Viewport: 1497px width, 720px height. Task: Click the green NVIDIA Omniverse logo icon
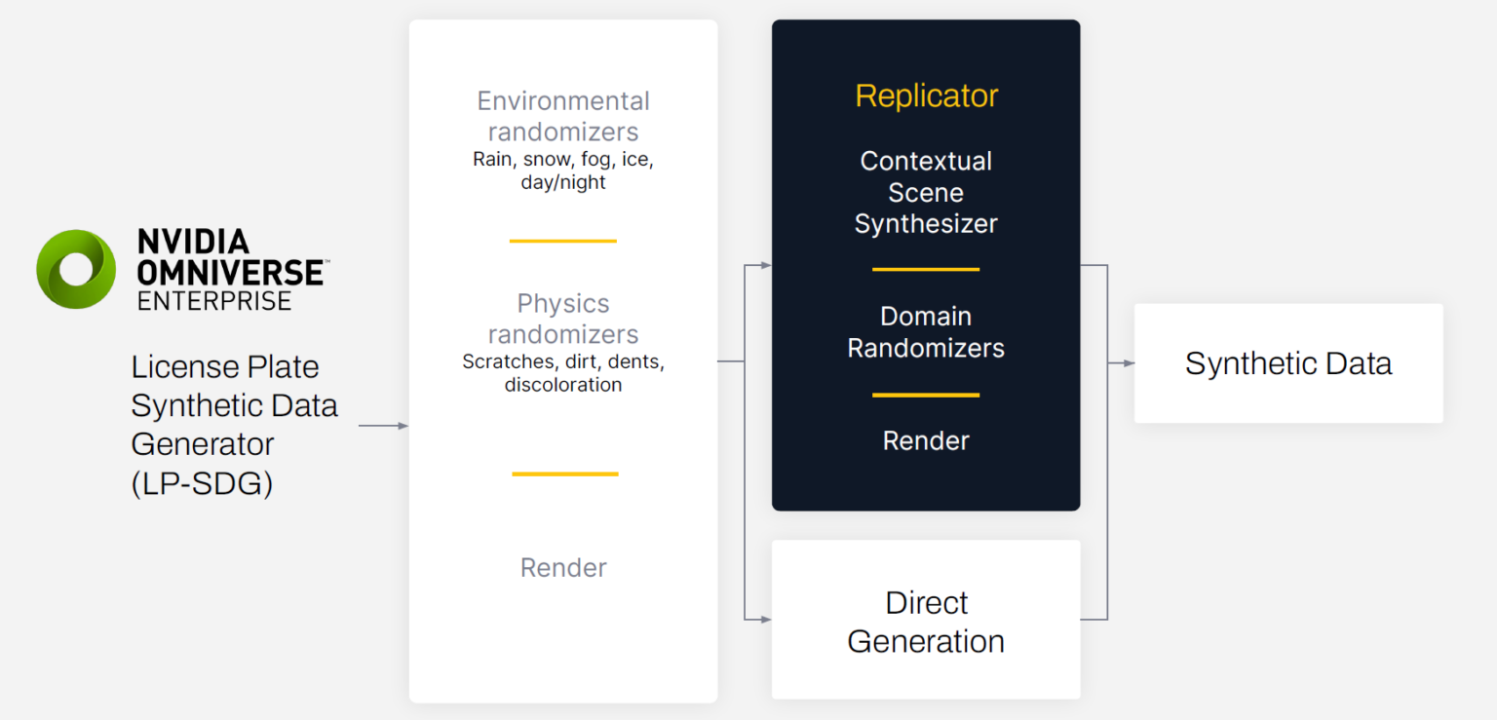(x=76, y=269)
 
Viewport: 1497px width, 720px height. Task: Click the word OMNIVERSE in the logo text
(x=231, y=272)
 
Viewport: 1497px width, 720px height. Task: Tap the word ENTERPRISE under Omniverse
(x=214, y=301)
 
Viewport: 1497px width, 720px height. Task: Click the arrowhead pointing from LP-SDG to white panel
(x=403, y=426)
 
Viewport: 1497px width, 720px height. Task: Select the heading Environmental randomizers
(x=563, y=116)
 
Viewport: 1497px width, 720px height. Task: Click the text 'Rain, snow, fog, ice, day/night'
(x=563, y=171)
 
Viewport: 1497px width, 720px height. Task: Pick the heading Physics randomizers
(x=563, y=319)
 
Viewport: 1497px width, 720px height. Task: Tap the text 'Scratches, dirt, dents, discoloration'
(x=563, y=373)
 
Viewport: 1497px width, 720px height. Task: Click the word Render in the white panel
(x=563, y=568)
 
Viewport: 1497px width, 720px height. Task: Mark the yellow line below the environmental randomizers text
(x=563, y=241)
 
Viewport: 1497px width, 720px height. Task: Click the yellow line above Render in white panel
(x=565, y=474)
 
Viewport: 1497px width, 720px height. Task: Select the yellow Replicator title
(x=926, y=95)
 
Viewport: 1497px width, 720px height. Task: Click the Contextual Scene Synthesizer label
(x=926, y=192)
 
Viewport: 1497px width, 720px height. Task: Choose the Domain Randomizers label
(x=926, y=332)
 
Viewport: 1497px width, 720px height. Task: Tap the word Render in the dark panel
(x=926, y=440)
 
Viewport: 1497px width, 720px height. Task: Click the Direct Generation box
(x=926, y=621)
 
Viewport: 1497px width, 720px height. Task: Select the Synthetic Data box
(x=1288, y=363)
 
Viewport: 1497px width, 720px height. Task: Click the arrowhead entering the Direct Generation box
(x=766, y=619)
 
